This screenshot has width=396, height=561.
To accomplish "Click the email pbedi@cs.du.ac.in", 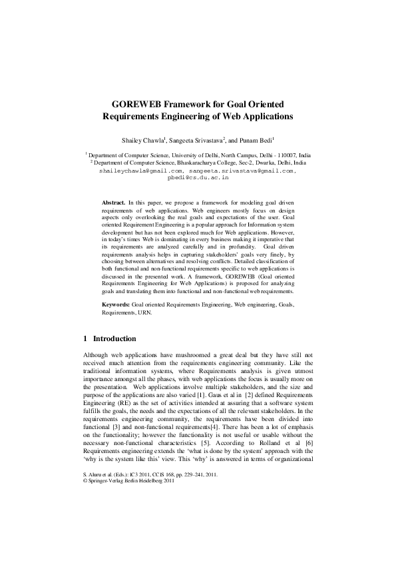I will (198, 178).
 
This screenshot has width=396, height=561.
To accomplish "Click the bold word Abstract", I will (113, 201).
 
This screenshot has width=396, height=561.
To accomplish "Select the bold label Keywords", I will (116, 304).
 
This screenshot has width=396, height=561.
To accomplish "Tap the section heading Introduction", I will (114, 338).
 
